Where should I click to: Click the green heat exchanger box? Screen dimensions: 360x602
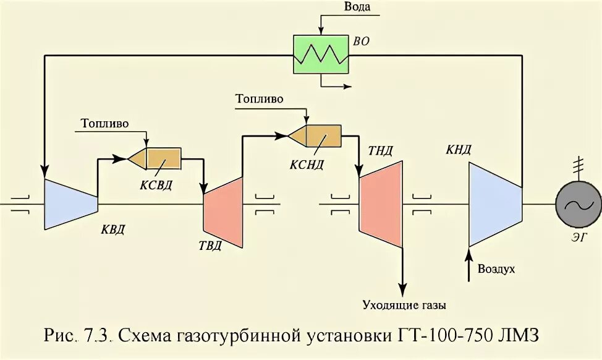coord(321,55)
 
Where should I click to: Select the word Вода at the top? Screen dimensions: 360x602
coord(358,7)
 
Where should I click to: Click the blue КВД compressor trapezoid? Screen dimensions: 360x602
coord(70,203)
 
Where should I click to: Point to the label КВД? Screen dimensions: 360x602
coord(113,231)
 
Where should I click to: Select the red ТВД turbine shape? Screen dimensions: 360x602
coord(223,210)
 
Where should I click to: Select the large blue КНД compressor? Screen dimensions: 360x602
coord(494,204)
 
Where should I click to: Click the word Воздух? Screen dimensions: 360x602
coord(496,270)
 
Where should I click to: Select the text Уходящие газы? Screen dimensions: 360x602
coord(404,305)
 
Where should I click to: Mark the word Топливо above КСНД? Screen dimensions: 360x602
coord(259,98)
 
